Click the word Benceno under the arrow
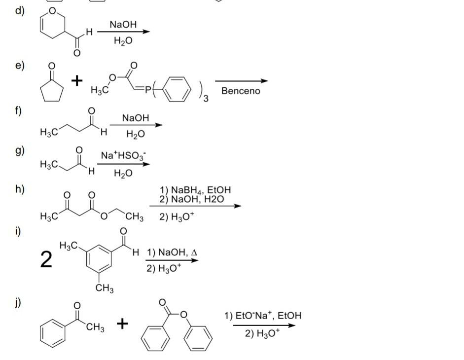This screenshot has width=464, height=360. click(x=241, y=91)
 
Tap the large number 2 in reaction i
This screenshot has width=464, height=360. click(x=46, y=259)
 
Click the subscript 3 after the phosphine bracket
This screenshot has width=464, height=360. click(x=207, y=100)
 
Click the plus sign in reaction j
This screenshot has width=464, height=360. click(x=123, y=324)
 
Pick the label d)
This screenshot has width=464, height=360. click(x=20, y=11)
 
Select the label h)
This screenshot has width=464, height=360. click(x=20, y=189)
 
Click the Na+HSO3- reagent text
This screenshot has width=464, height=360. click(x=123, y=155)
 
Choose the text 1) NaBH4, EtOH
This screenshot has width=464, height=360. click(x=195, y=190)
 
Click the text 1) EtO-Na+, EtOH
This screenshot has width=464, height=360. click(x=262, y=316)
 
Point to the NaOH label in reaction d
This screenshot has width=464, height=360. click(x=123, y=24)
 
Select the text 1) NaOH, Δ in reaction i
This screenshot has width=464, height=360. click(x=172, y=252)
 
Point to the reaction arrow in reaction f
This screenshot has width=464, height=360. click(x=136, y=125)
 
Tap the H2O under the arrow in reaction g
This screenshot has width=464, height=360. click(x=123, y=173)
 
